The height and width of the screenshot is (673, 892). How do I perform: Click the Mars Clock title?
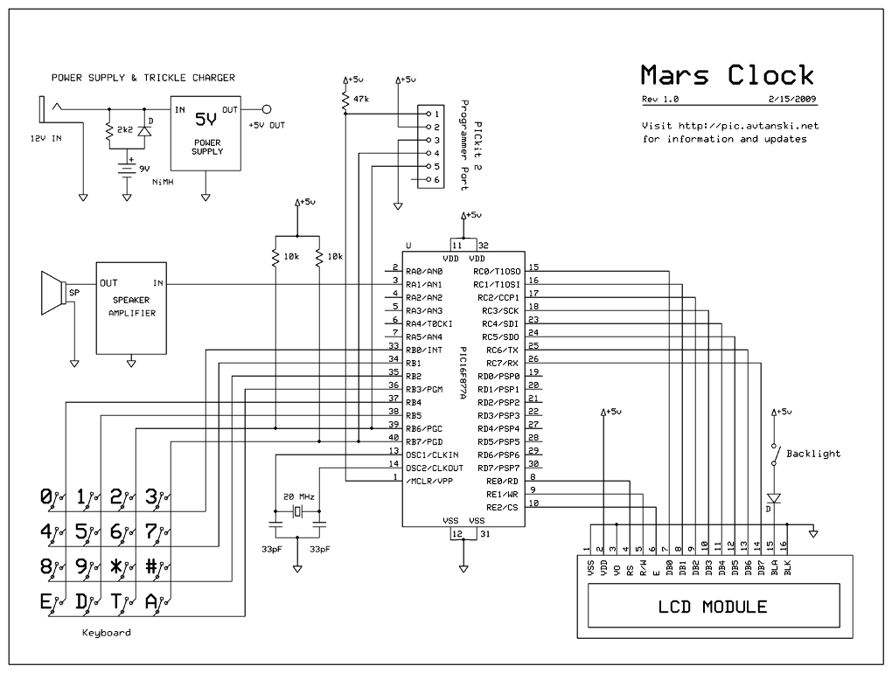click(x=727, y=75)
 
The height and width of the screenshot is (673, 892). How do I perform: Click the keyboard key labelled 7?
click(x=151, y=531)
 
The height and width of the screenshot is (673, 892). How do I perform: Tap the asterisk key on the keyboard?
click(x=116, y=565)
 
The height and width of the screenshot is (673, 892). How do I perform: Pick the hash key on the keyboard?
click(x=151, y=565)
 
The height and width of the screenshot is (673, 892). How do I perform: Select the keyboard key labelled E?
click(x=46, y=600)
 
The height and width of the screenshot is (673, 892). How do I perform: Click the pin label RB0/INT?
click(x=425, y=350)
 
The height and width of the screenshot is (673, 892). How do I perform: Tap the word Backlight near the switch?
click(x=813, y=454)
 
